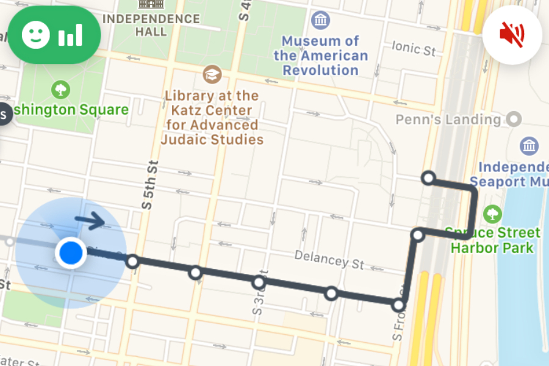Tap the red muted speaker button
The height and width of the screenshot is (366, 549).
click(x=512, y=35)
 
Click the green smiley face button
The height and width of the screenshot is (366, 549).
click(x=54, y=35)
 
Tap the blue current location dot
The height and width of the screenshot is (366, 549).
click(x=71, y=251)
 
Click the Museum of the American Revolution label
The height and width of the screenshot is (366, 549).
click(x=321, y=56)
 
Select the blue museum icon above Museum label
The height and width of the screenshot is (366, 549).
click(x=320, y=20)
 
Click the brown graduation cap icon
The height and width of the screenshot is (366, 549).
click(x=212, y=74)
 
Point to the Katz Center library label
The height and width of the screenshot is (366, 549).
click(x=212, y=118)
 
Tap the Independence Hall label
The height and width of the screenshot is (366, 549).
click(x=151, y=24)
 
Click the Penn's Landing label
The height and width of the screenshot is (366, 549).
click(x=448, y=119)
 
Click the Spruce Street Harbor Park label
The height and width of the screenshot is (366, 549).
click(x=492, y=240)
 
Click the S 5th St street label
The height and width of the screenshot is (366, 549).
click(x=147, y=185)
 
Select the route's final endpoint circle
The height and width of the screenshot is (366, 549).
click(x=428, y=178)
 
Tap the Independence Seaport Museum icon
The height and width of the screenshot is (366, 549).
click(x=529, y=146)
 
